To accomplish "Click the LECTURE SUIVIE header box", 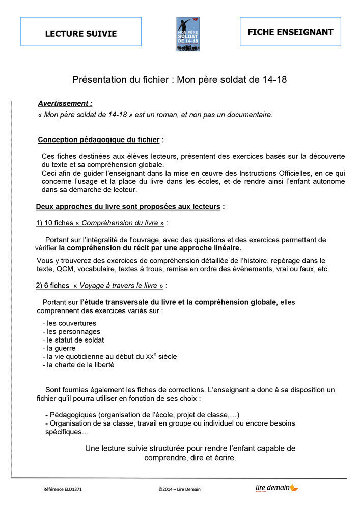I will tap(81, 32).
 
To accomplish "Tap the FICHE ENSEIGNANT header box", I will tap(290, 32).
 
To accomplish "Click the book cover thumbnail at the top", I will tap(188, 34).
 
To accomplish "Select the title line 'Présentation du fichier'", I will tap(183, 79).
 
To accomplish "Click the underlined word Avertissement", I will tap(65, 103).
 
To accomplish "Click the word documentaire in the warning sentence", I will tap(247, 115).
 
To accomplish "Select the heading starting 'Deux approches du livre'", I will tap(128, 206).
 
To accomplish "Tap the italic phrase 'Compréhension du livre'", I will tap(123, 223).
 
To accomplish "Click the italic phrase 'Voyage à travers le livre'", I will tap(121, 286).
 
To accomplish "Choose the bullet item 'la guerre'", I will tap(61, 348).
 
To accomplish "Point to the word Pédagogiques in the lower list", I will tap(72, 415).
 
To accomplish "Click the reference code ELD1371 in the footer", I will tap(63, 489).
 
